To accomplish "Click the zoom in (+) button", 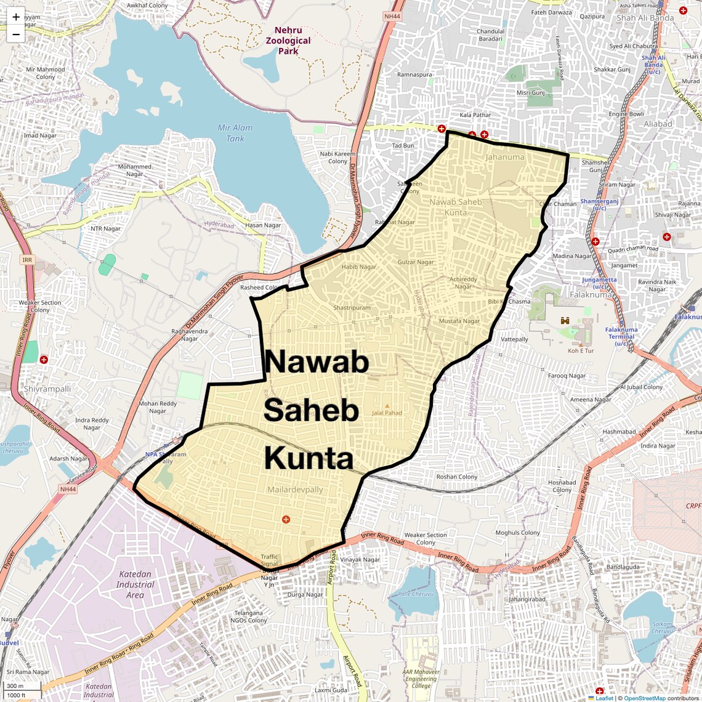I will (16, 17).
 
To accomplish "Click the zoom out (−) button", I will (16, 34).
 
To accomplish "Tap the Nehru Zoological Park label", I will (288, 41).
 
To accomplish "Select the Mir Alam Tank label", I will (235, 133).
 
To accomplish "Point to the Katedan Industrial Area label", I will (135, 584).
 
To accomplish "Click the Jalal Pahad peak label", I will (387, 413).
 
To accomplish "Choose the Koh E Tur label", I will (581, 350).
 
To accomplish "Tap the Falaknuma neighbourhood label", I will (591, 294).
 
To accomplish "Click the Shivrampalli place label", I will (47, 389).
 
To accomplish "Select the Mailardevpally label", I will (295, 490).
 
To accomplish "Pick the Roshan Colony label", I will (457, 477).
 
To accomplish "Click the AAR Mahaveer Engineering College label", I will (421, 679).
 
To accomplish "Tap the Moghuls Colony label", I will (518, 533).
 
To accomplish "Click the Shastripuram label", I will (352, 308).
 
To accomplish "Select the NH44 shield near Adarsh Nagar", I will (68, 490).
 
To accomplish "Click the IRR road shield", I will (27, 260).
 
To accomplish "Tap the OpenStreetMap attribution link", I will (644, 698).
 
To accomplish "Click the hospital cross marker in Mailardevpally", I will (286, 520).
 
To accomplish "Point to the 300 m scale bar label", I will (15, 686).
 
